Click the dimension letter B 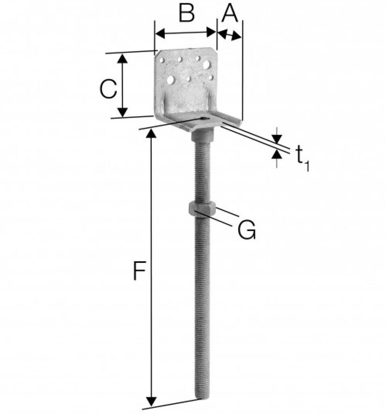pyautogui.click(x=186, y=14)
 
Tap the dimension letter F pyautogui.click(x=139, y=271)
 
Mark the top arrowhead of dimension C pyautogui.click(x=123, y=59)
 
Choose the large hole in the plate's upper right pyautogui.click(x=207, y=64)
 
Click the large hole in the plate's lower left pyautogui.click(x=171, y=80)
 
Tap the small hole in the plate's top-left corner pyautogui.click(x=162, y=60)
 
